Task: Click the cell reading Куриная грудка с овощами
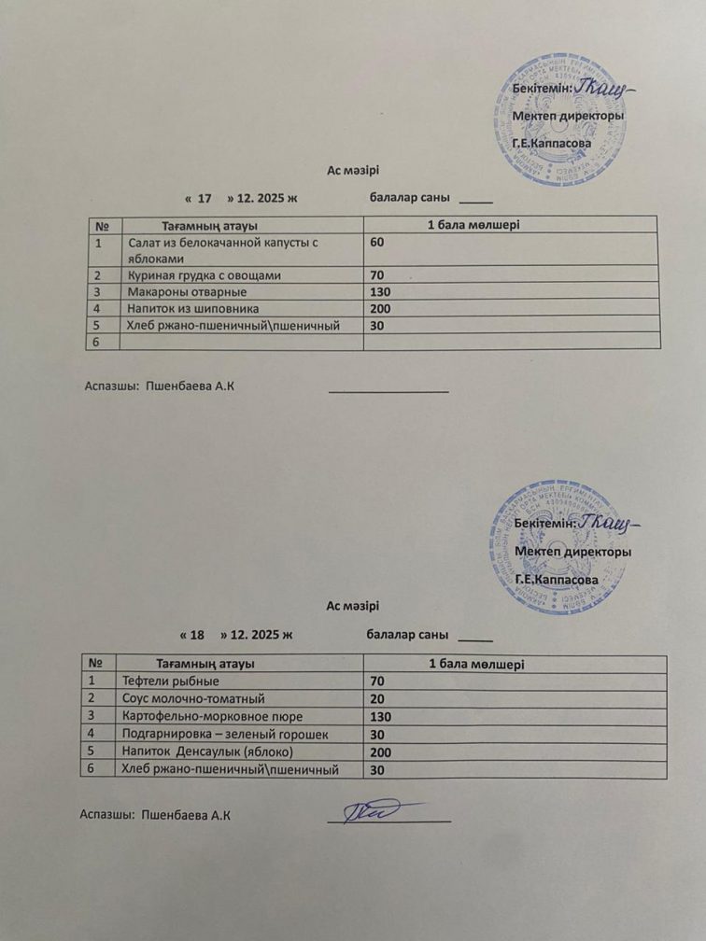point(203,276)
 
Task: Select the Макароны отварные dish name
point(180,292)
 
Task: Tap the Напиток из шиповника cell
point(192,308)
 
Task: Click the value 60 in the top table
point(377,243)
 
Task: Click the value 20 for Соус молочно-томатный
point(377,698)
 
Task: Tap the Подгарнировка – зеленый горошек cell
point(225,735)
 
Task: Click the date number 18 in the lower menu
point(197,635)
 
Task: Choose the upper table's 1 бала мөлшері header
point(473,225)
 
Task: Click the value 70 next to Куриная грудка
point(377,276)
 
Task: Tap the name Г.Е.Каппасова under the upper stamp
point(552,145)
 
